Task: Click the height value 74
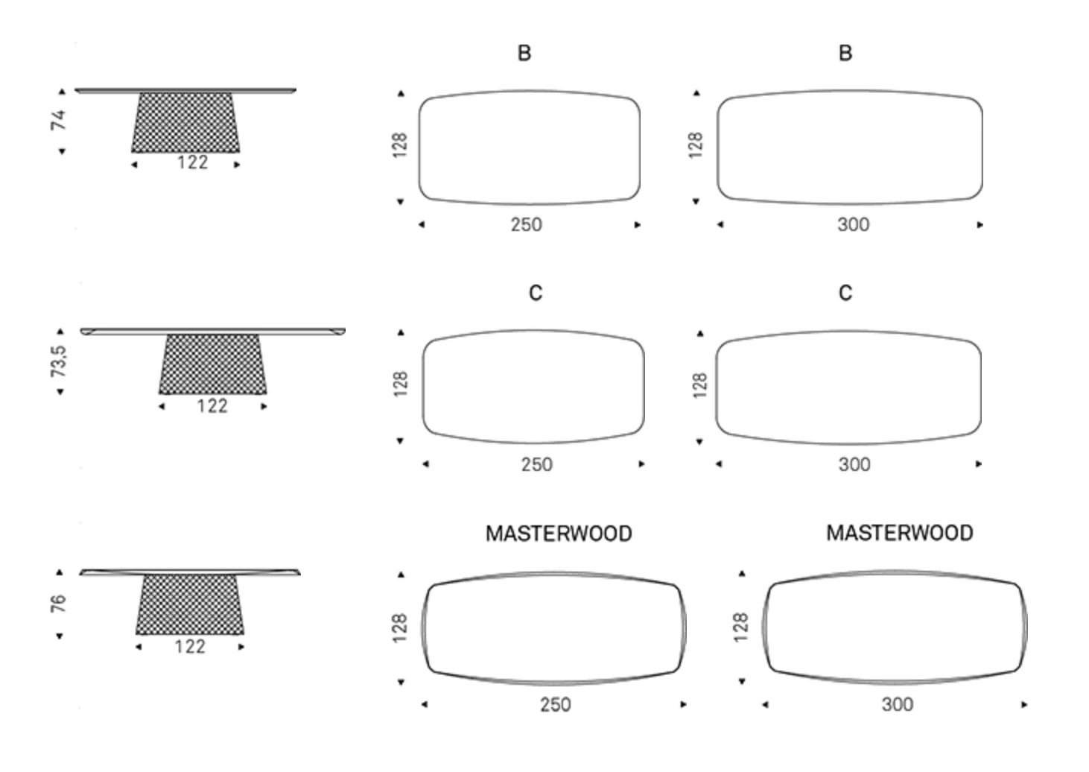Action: coord(59,120)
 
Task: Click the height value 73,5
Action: coord(59,361)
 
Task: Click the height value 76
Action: coord(59,603)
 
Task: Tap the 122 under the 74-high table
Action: coord(192,162)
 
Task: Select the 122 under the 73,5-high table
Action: coord(212,406)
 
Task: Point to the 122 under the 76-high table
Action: coord(190,647)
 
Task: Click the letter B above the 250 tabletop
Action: coord(524,54)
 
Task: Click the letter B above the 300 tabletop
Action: coord(845,54)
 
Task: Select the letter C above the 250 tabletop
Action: coord(536,294)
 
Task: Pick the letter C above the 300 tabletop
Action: coord(845,294)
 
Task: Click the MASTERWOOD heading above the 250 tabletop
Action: coord(559,534)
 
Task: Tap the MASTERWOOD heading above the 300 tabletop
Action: coord(900,534)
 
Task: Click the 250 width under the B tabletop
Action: coord(527,225)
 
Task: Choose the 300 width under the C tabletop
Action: coord(854,465)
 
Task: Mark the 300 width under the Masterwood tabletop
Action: coord(898,705)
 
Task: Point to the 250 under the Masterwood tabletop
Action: coord(556,705)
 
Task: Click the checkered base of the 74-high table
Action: coord(185,122)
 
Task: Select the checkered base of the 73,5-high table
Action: coord(212,364)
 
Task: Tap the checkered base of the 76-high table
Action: coord(190,604)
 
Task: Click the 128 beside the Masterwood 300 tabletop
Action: coord(740,627)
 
